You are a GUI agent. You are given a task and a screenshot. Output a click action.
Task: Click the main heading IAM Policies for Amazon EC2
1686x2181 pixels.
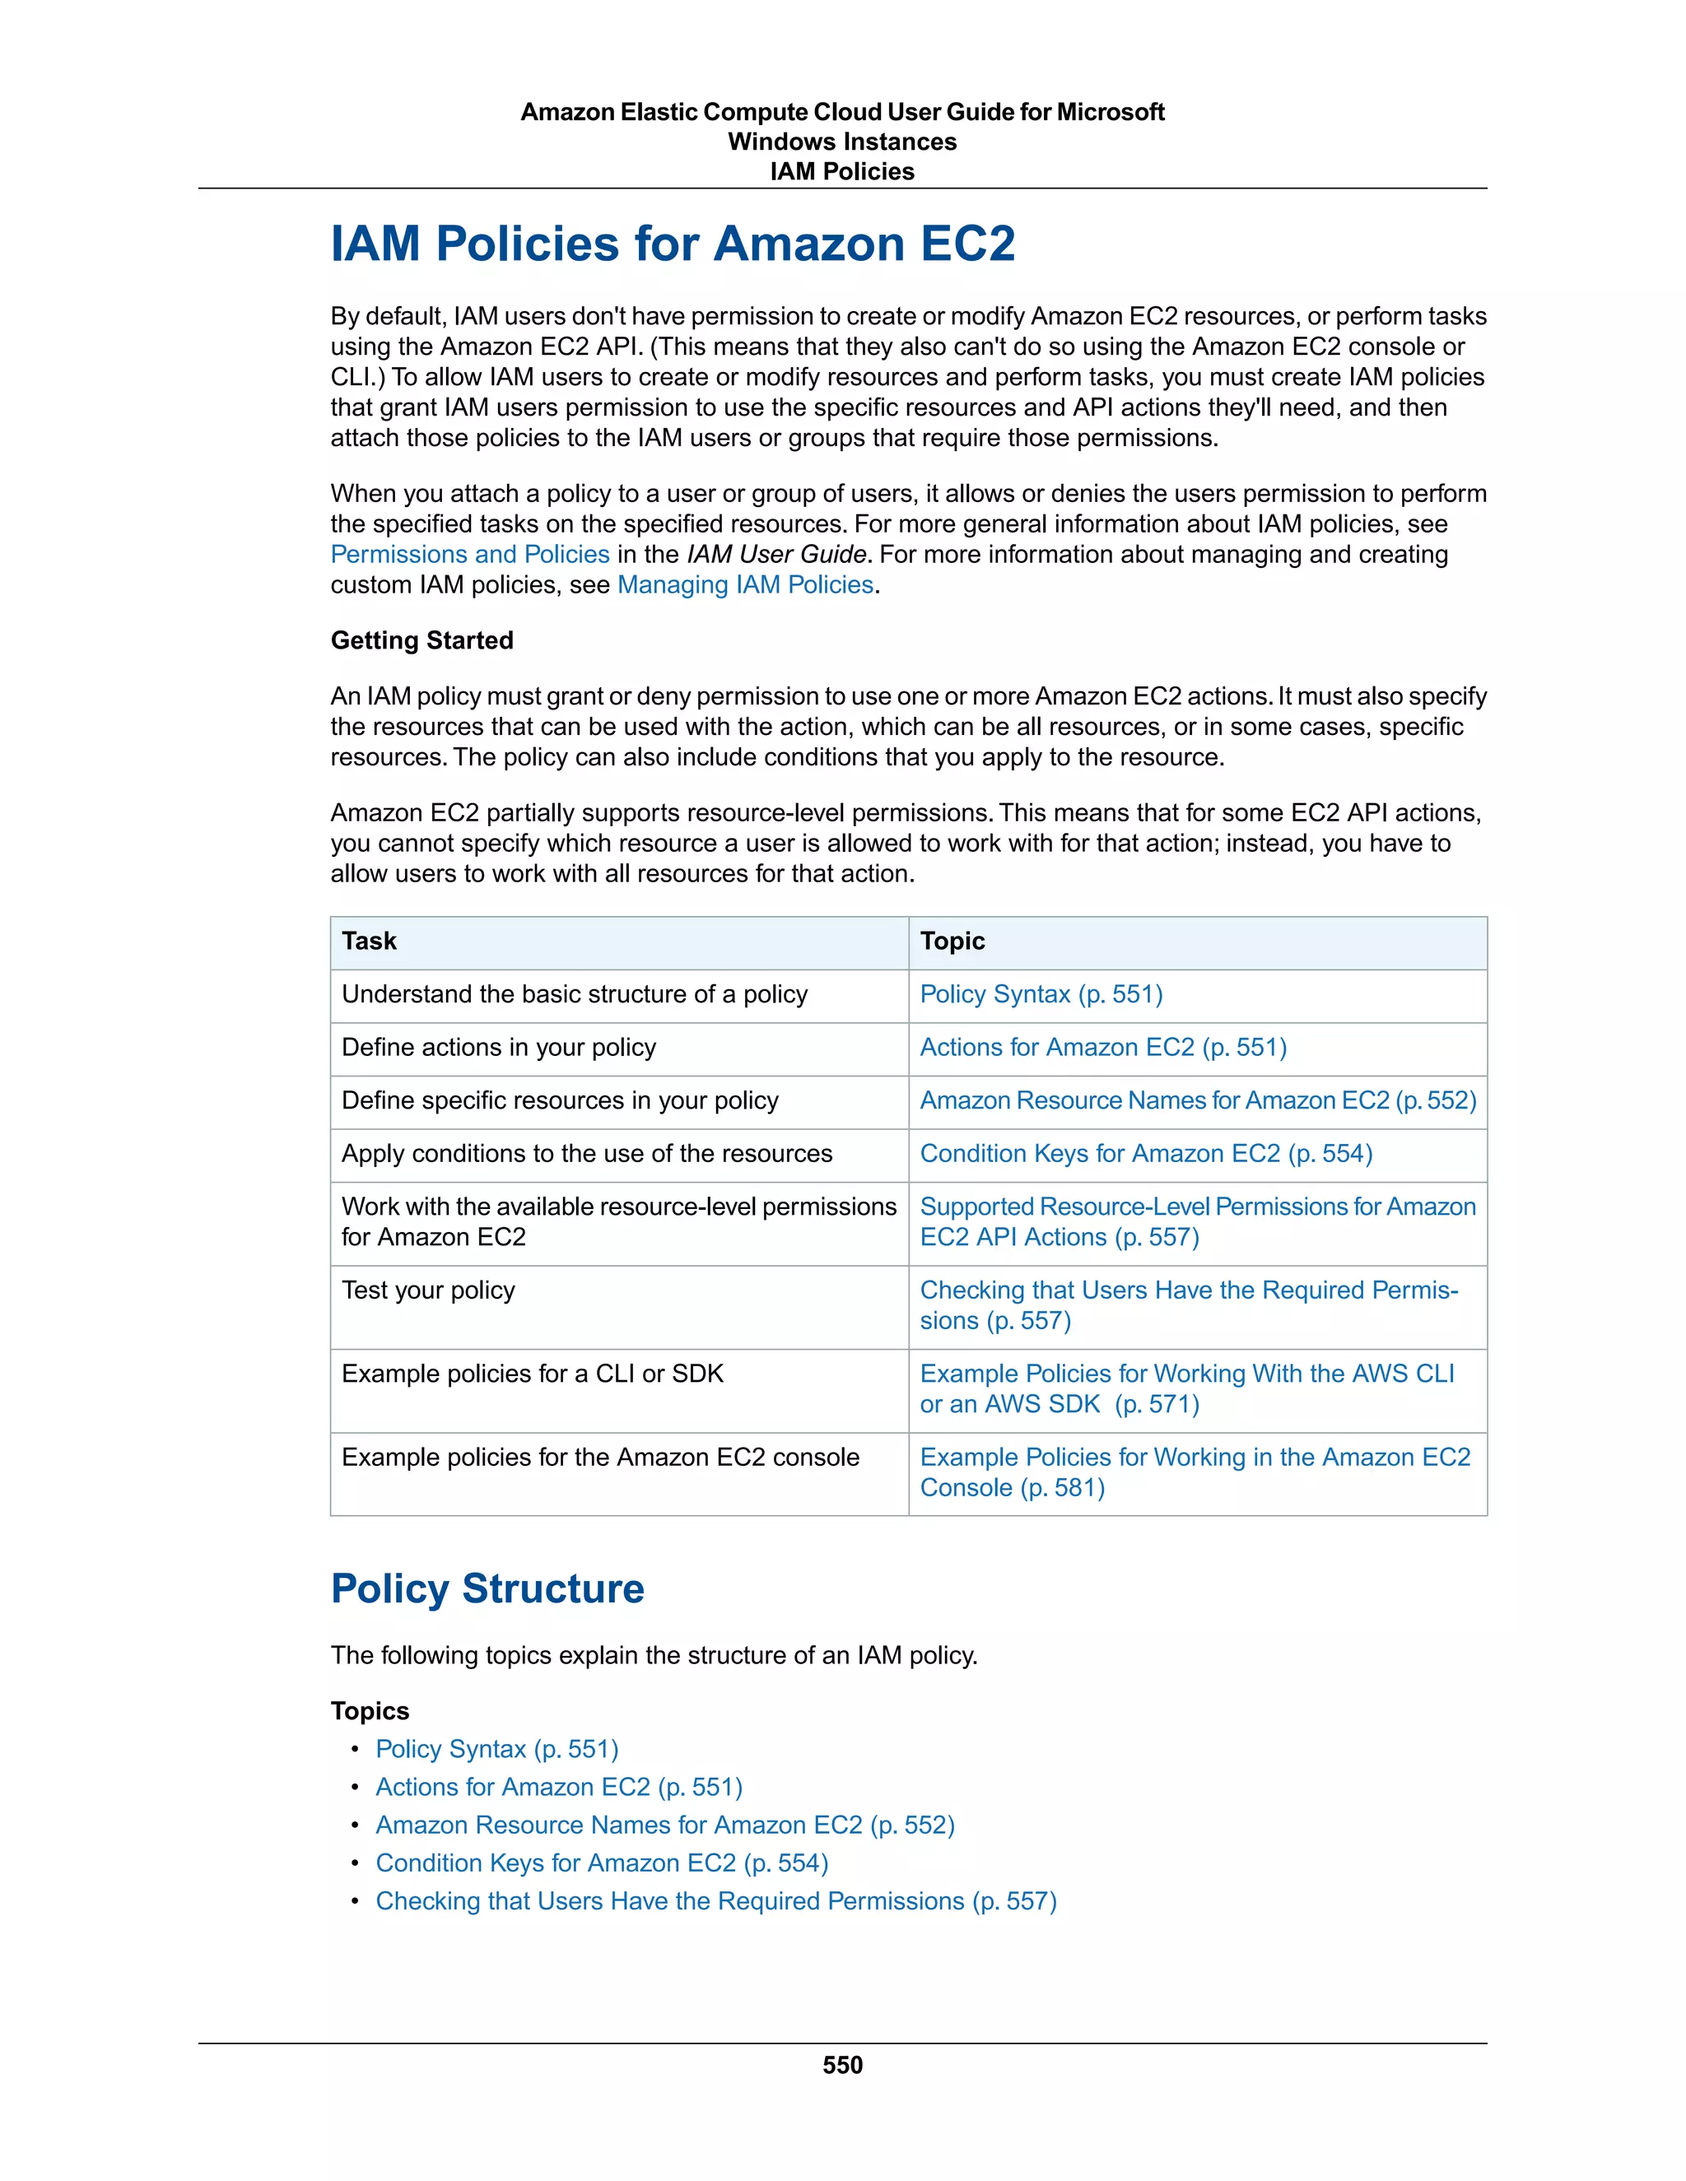click(673, 244)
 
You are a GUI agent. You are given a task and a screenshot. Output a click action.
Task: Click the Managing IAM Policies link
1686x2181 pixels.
click(745, 585)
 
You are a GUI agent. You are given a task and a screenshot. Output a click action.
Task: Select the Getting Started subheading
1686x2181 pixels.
click(421, 640)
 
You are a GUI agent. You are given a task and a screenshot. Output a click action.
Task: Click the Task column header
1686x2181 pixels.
click(369, 942)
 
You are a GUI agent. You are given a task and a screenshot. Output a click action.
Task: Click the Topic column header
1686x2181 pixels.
click(952, 942)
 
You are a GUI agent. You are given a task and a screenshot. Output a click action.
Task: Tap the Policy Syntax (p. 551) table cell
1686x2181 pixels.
click(1041, 995)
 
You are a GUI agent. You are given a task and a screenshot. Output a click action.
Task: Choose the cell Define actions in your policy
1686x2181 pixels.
click(498, 1048)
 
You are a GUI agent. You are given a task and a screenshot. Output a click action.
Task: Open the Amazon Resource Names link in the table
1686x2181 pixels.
click(1196, 1100)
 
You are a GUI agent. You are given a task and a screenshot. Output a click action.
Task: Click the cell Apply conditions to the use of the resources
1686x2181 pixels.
click(586, 1153)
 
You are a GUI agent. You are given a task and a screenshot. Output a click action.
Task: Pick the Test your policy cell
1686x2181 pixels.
click(427, 1290)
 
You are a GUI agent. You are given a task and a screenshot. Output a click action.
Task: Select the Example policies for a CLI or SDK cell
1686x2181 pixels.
click(533, 1374)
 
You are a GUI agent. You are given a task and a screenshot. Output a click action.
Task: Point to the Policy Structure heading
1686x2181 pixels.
click(487, 1588)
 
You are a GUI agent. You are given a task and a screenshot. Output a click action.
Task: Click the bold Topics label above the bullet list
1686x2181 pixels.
click(370, 1712)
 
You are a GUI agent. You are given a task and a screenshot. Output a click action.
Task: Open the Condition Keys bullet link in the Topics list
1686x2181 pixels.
click(601, 1863)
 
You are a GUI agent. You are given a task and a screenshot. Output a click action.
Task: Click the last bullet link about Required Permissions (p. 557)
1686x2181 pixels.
click(715, 1901)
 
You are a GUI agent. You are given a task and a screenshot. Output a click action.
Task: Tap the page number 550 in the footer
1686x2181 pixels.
click(842, 2065)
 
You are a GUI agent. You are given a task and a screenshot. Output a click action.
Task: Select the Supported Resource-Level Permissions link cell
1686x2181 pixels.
click(1196, 1222)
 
